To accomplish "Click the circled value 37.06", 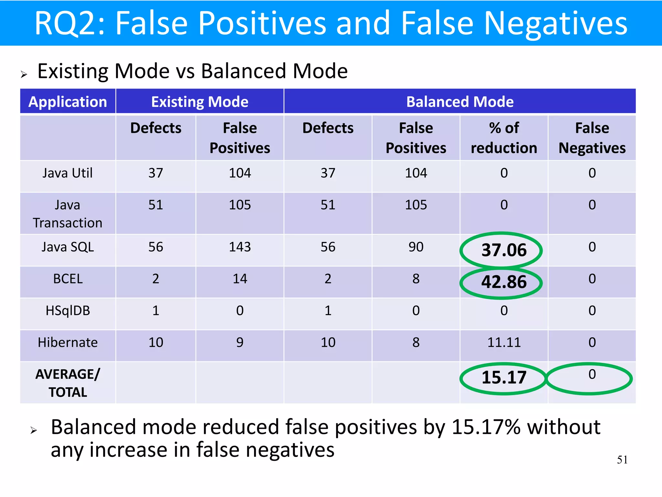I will [504, 250].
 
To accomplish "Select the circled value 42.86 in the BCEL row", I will [504, 282].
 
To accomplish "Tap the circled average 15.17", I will [504, 378].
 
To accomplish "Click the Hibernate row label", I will [68, 342].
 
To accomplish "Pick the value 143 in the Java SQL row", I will [240, 247].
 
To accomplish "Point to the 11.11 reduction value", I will [504, 342].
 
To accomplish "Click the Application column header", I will [68, 102].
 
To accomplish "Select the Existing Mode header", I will [200, 102].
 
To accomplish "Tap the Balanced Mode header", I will [460, 102].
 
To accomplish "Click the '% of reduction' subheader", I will [504, 138].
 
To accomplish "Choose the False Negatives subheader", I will [592, 138].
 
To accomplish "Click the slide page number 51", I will [622, 460].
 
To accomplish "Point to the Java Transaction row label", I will [68, 214].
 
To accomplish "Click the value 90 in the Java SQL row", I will [416, 247].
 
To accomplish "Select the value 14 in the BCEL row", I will [240, 279].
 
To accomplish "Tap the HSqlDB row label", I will [68, 311].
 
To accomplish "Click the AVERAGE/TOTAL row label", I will [68, 383].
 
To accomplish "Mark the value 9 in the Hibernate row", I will [240, 342].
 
